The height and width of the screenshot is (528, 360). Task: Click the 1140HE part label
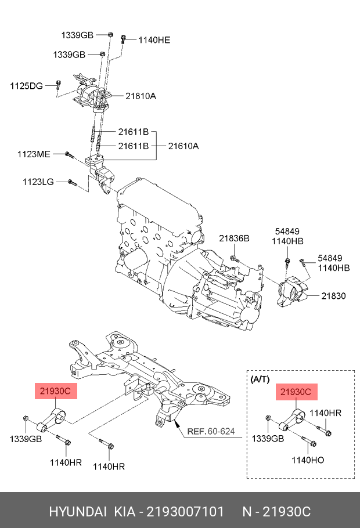click(x=154, y=40)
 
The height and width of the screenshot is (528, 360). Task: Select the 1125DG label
click(x=26, y=86)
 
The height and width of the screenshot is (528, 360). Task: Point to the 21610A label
click(x=183, y=146)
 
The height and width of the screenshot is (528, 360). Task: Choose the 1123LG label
click(x=38, y=182)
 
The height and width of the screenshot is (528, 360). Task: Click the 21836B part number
click(x=233, y=238)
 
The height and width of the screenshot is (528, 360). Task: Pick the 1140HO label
click(x=308, y=460)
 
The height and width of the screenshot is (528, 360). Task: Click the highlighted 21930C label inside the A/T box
click(x=296, y=392)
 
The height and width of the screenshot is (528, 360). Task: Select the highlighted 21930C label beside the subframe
click(x=55, y=392)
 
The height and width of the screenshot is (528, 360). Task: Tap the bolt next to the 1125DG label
click(x=58, y=85)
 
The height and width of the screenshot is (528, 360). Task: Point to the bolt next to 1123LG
click(x=73, y=183)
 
